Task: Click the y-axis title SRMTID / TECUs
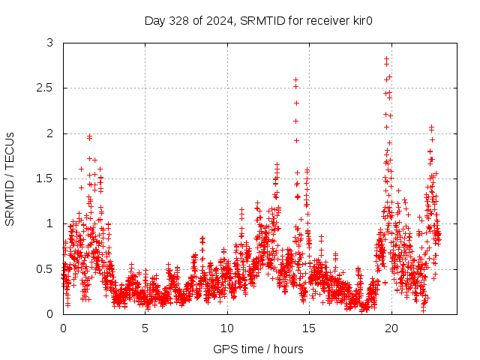click(10, 178)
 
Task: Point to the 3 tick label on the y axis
click(49, 43)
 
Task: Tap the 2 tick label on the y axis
click(49, 133)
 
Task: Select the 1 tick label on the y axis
click(49, 223)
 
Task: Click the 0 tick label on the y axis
click(49, 313)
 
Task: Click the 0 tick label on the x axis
click(63, 328)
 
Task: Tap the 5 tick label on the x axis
click(145, 328)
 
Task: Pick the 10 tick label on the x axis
click(227, 328)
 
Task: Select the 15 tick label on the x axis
click(309, 328)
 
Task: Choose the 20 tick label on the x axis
click(391, 328)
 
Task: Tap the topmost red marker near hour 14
click(295, 79)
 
